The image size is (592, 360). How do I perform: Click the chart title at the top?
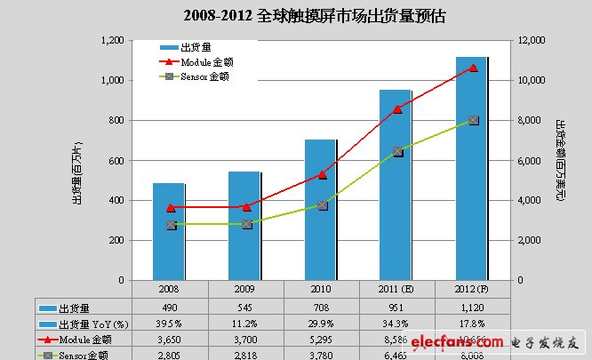295,15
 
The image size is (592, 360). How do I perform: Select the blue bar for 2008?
169,231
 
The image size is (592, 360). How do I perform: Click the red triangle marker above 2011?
397,108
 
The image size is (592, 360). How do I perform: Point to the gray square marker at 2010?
322,205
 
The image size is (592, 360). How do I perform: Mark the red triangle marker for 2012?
473,68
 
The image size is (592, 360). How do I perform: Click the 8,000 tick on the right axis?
532,120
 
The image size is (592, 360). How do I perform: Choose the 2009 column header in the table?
245,289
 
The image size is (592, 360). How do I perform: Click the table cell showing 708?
322,306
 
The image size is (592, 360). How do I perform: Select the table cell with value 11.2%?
245,322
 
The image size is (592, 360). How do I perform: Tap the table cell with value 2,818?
245,355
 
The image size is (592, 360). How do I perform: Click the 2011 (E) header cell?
397,289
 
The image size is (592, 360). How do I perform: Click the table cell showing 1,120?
473,306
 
